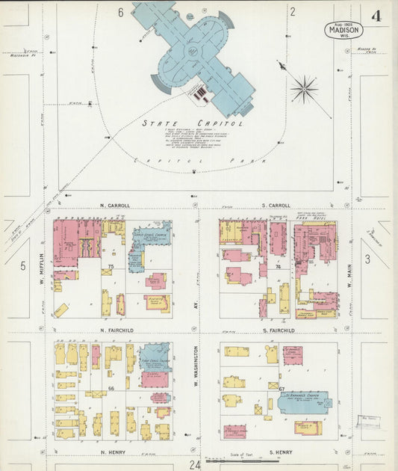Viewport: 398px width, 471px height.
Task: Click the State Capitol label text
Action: point(192,123)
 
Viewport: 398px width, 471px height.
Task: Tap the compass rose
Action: point(303,90)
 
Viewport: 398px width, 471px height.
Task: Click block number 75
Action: point(111,266)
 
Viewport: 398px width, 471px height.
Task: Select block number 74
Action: point(277,266)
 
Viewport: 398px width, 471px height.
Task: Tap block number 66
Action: point(111,389)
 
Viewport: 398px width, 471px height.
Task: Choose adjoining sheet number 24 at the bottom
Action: point(195,464)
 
